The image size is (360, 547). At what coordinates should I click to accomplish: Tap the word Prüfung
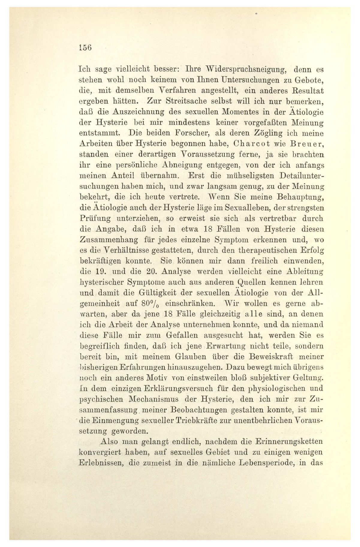point(93,218)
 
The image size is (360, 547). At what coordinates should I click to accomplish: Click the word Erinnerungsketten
point(289,442)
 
